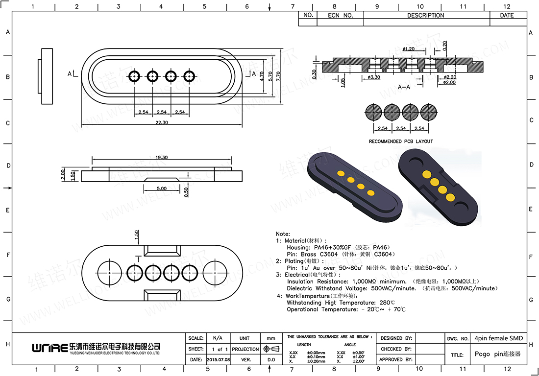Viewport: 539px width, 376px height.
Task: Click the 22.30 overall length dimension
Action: [x=162, y=122]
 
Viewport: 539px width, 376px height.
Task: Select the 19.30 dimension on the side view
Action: [x=162, y=158]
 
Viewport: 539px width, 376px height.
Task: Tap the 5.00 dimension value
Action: [x=162, y=188]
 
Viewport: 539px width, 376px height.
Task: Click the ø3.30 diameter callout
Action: [x=374, y=77]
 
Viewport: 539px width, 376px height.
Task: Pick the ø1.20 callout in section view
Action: [x=408, y=49]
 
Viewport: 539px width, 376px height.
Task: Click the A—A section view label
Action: [x=404, y=87]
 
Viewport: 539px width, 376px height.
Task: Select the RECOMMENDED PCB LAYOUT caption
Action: [x=401, y=141]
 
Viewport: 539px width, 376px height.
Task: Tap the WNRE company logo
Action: [x=49, y=348]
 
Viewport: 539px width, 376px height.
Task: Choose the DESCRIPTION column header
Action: [x=426, y=16]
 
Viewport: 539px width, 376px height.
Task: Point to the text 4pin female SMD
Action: [x=499, y=338]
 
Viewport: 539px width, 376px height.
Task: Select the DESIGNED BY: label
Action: [x=397, y=338]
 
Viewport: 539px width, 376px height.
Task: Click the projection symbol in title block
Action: [x=271, y=349]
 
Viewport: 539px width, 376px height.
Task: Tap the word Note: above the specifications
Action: [x=283, y=234]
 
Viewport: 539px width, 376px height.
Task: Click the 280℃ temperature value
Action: [x=387, y=303]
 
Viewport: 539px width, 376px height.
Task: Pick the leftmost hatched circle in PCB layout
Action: [x=374, y=112]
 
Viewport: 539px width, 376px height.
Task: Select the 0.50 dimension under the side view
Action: [x=186, y=190]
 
